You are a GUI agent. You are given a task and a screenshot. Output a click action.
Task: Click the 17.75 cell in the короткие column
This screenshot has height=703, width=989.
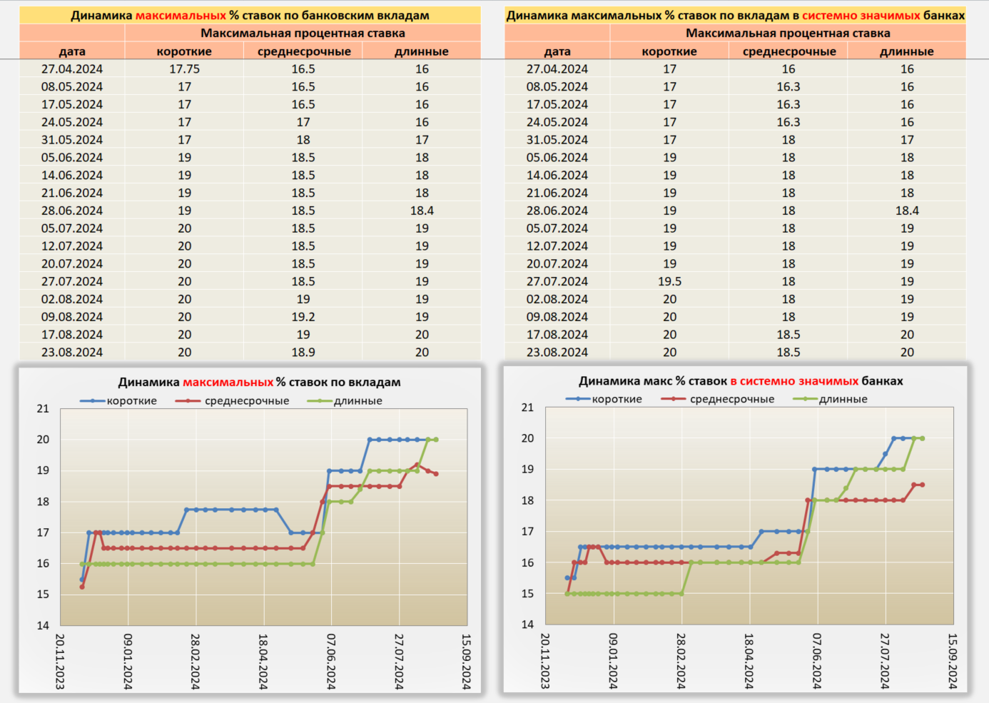[184, 69]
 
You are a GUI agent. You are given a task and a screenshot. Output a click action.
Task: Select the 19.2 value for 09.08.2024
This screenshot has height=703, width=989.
[303, 317]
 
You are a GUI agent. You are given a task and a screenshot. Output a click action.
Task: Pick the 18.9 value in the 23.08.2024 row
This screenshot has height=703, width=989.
[303, 353]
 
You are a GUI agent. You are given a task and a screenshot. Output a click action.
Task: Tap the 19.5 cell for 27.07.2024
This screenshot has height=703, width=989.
[669, 281]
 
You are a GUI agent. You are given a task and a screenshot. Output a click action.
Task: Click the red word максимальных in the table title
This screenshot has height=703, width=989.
[181, 15]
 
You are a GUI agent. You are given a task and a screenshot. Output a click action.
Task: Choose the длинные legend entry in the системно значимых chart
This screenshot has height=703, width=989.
[843, 399]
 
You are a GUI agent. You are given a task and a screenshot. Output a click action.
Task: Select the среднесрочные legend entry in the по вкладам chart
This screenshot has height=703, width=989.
[247, 401]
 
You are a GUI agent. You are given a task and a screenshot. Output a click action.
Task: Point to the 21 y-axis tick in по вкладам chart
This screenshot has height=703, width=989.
[44, 409]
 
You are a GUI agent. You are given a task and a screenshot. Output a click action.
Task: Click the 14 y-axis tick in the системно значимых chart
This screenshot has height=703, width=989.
[527, 624]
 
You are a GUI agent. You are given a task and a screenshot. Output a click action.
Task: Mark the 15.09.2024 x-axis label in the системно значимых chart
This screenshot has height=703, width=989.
[952, 661]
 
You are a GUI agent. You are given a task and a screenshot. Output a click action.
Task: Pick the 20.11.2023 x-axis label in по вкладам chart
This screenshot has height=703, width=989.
[60, 662]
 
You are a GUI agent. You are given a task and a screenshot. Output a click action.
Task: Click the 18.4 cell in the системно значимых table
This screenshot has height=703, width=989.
[907, 211]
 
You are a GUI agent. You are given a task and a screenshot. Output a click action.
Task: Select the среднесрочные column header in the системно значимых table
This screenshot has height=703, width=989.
[788, 51]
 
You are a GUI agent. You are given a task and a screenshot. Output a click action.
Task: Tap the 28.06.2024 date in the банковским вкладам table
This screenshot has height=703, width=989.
[72, 211]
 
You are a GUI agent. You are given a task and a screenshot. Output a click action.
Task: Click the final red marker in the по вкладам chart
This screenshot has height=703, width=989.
[436, 474]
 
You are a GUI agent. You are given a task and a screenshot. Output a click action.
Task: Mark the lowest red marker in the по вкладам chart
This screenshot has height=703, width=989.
[82, 587]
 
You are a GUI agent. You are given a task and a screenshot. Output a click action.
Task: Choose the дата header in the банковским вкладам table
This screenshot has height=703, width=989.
[72, 51]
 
